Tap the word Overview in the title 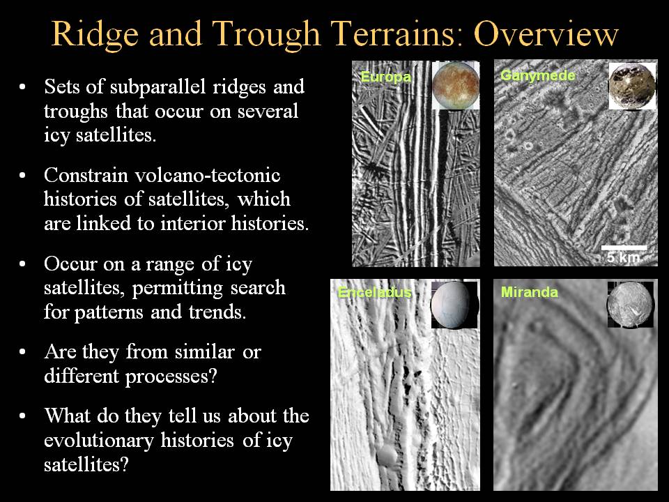pos(546,33)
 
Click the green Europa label pos(385,77)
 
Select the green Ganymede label pos(537,75)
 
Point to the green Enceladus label pos(375,292)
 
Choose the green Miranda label pos(530,292)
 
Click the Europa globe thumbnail pos(456,85)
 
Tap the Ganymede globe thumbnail pos(632,86)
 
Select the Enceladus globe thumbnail pos(454,305)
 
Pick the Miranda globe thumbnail pos(630,304)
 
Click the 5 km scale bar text pos(623,257)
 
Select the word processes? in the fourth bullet pos(171,377)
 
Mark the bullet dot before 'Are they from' pos(22,352)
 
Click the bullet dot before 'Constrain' pos(22,176)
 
